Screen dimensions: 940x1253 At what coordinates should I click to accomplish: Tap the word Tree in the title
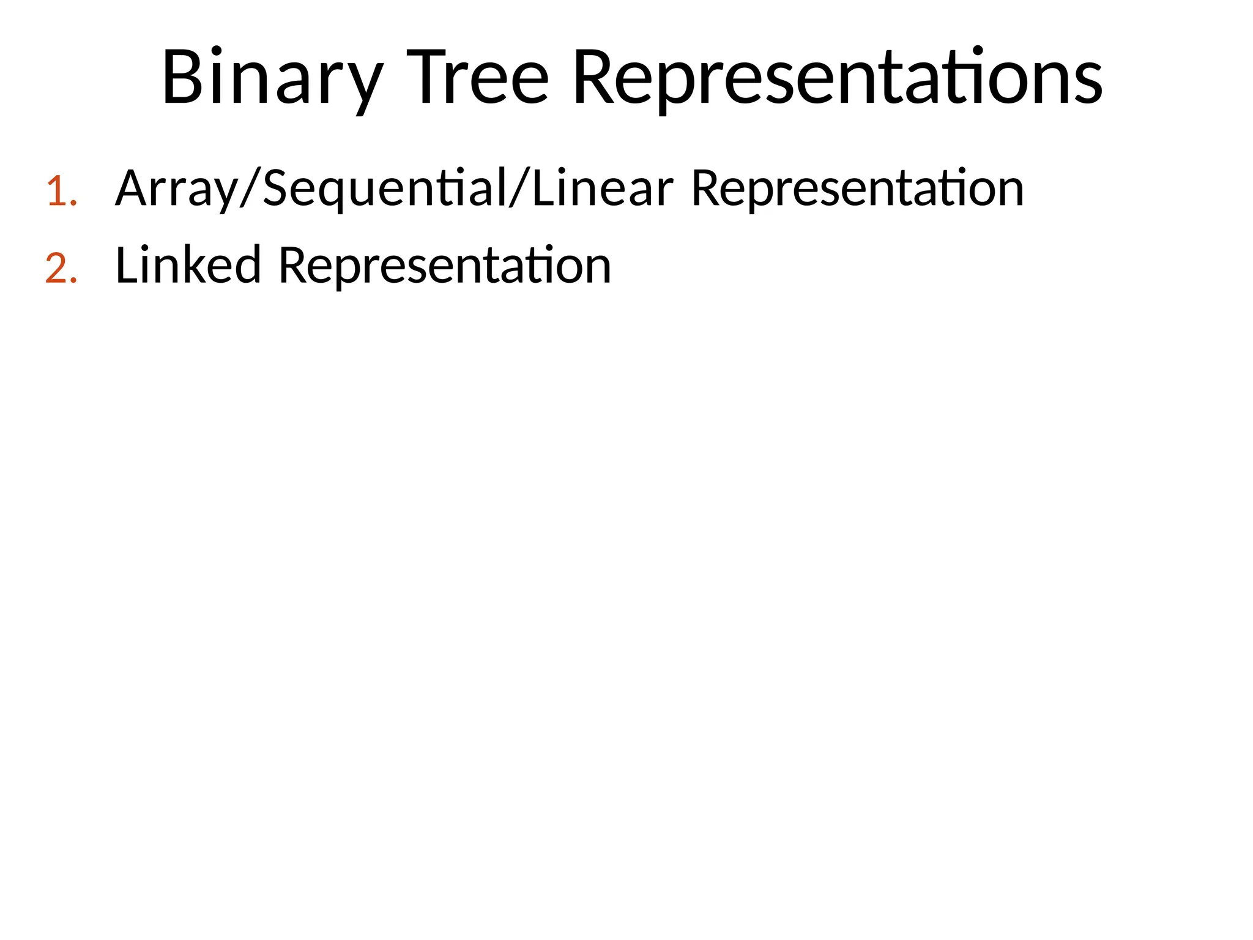tap(477, 78)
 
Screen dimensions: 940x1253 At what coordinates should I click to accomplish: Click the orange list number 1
tap(61, 192)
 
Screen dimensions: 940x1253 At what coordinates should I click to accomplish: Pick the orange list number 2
tap(61, 269)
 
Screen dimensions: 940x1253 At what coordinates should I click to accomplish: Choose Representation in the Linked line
tap(445, 266)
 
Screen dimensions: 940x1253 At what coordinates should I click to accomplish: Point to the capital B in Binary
tap(182, 78)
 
